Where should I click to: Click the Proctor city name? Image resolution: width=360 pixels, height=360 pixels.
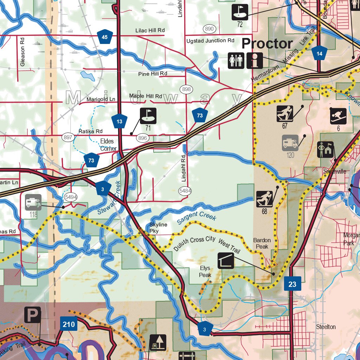click(267, 44)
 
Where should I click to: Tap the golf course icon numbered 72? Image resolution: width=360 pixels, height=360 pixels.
click(240, 12)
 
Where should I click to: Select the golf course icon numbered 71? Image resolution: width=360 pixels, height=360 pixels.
click(148, 116)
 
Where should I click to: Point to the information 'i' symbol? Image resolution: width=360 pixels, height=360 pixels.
click(255, 60)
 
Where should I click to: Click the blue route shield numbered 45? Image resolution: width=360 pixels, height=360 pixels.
click(105, 37)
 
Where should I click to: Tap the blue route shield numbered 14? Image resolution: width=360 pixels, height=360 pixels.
click(319, 53)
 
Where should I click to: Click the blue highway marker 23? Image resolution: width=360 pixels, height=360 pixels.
click(292, 284)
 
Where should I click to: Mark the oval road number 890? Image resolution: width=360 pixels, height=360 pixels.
click(209, 29)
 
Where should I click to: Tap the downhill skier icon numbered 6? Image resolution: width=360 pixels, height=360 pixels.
click(338, 116)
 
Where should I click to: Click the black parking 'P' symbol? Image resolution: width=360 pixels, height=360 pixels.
click(32, 315)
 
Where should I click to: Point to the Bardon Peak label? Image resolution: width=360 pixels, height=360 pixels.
click(262, 243)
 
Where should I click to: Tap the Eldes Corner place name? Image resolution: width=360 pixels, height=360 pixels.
click(108, 145)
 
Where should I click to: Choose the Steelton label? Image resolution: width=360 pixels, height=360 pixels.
click(326, 327)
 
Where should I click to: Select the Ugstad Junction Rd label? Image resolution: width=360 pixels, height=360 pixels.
click(210, 41)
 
